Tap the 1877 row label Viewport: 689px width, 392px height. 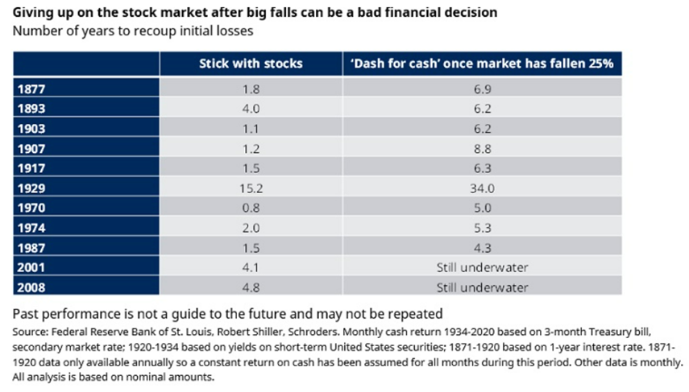(31, 86)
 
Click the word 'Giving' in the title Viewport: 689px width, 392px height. (32, 13)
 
